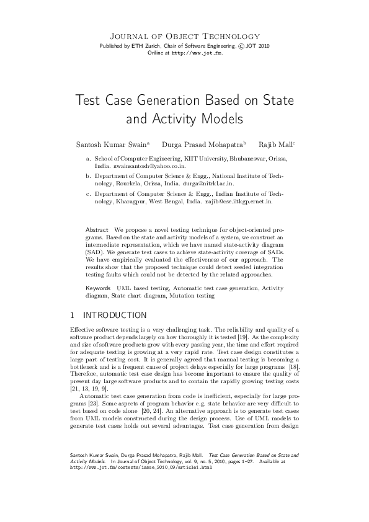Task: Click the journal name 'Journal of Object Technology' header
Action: coord(184,37)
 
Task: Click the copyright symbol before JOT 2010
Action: coord(240,46)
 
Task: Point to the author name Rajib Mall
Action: coord(275,144)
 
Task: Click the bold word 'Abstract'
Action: coord(97,230)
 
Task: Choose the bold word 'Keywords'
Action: coord(98,289)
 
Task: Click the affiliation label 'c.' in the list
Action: coord(88,193)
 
